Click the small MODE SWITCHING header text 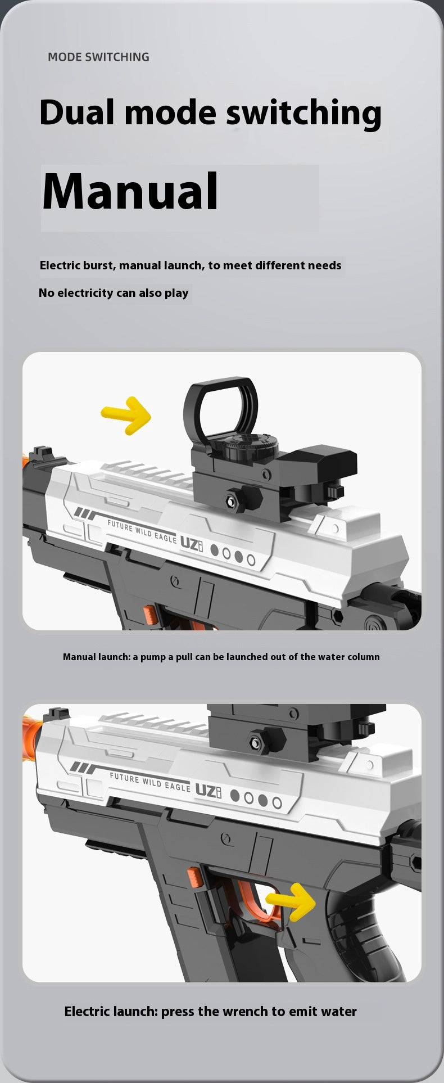coord(98,57)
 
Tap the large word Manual coord(130,192)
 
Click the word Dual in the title coord(76,112)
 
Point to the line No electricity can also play coord(114,293)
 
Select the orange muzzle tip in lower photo coord(31,732)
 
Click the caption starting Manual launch coord(221,657)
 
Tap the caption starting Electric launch coord(211,1012)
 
